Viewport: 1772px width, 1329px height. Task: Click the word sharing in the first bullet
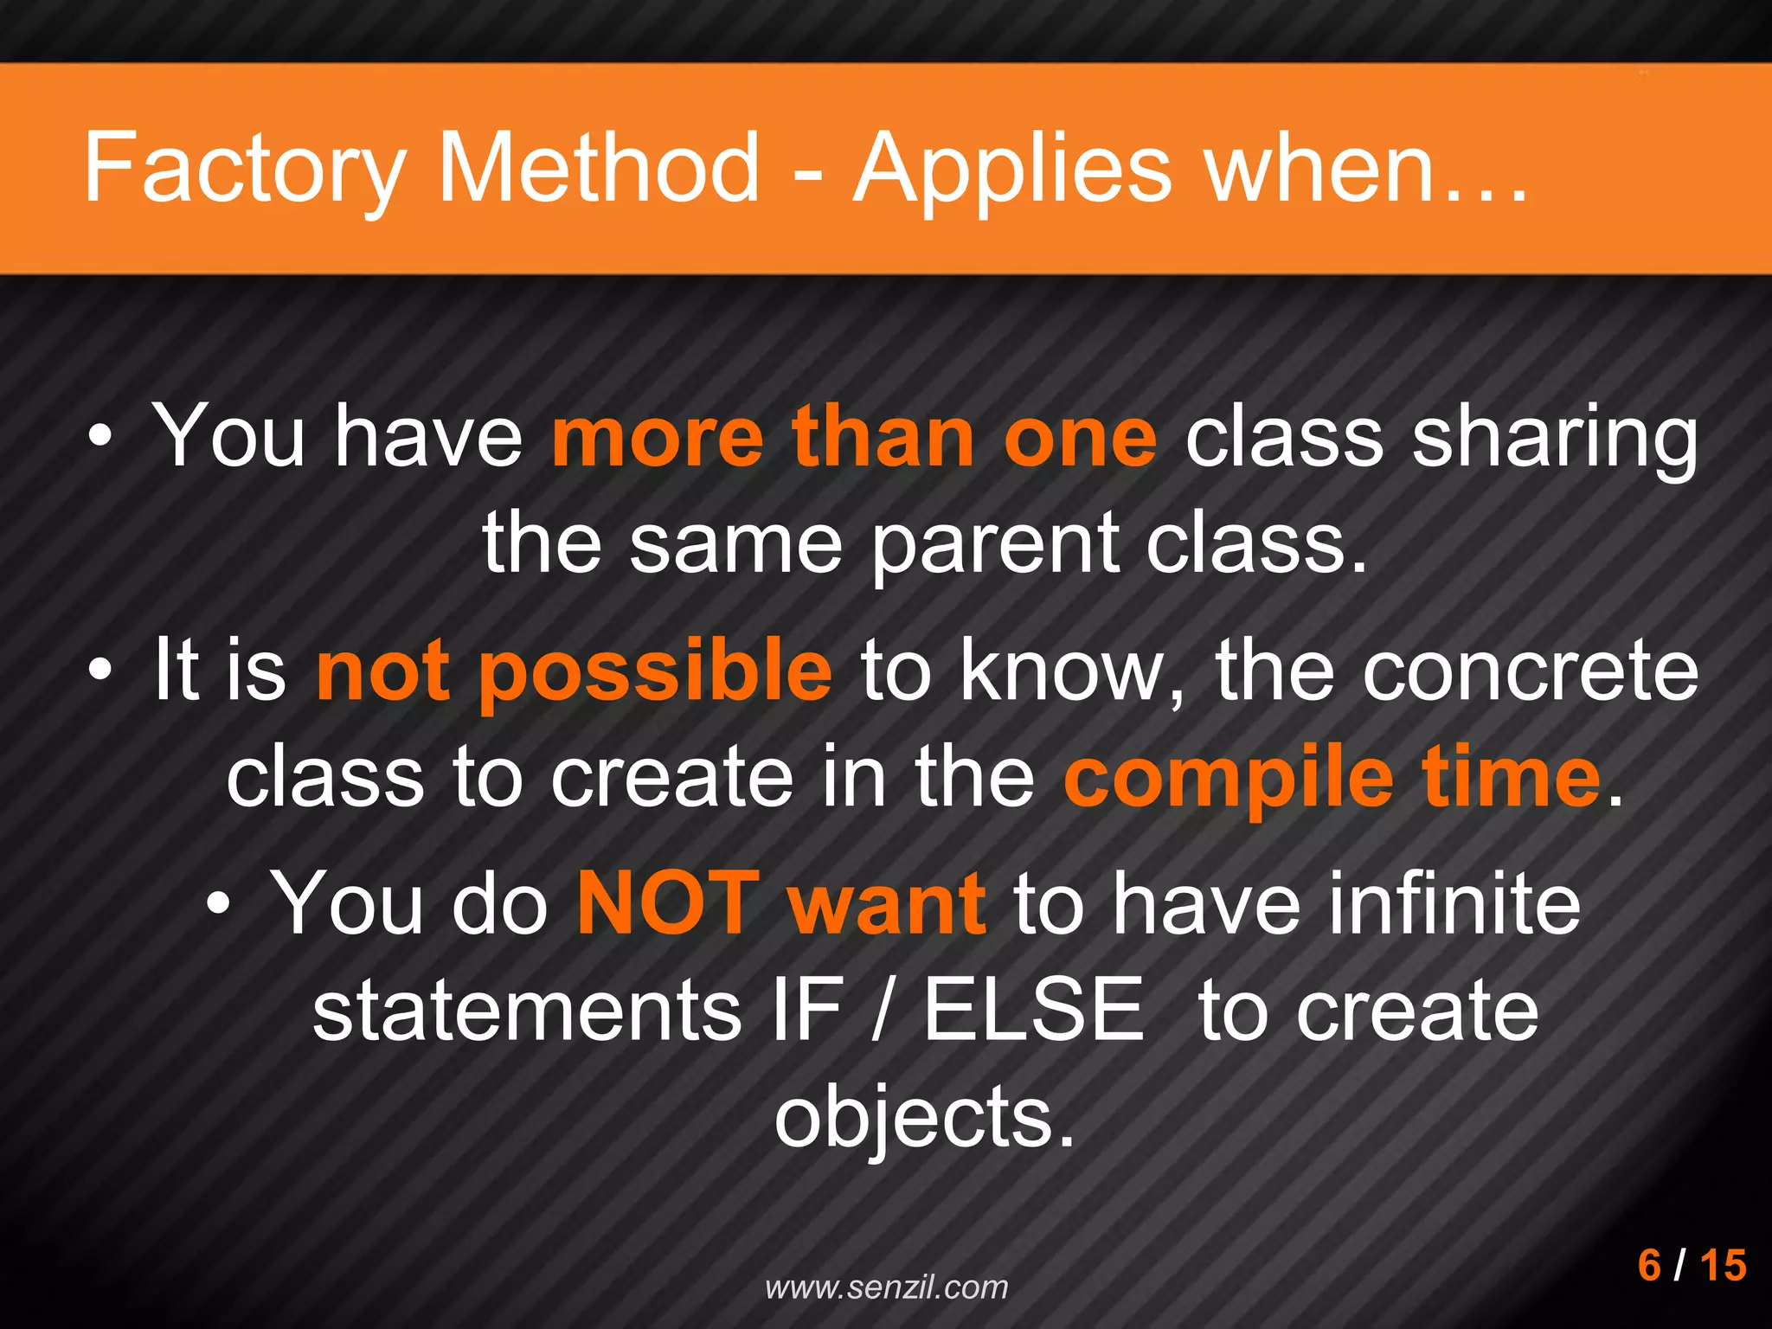click(1554, 437)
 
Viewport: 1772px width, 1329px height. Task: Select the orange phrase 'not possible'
click(574, 670)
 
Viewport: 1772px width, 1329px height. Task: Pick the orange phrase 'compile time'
click(1332, 776)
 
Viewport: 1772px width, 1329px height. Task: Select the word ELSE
click(1033, 1010)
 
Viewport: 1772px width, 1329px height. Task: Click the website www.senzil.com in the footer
click(887, 1287)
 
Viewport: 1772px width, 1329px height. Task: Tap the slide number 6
click(1649, 1265)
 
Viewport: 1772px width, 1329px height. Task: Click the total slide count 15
click(1723, 1265)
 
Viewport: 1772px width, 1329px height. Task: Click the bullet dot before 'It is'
click(100, 669)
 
